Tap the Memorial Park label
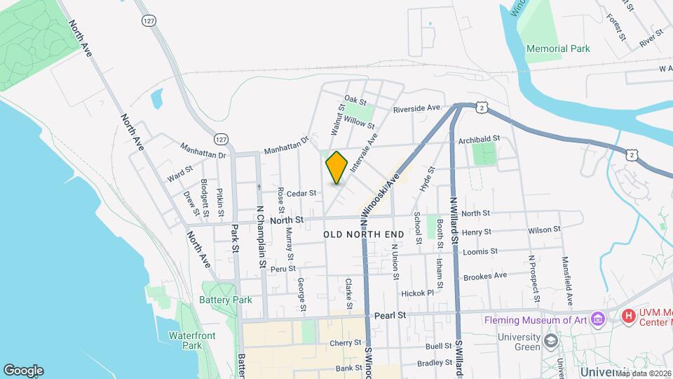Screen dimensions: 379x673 pos(559,48)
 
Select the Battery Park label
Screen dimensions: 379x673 pos(225,300)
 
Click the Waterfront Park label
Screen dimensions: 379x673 pos(186,340)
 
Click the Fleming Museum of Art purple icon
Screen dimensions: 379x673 pos(598,320)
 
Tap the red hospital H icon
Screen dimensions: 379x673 pos(628,318)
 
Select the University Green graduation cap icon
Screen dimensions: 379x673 pos(552,341)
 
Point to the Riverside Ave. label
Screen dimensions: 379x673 pos(417,109)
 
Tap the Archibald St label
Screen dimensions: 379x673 pos(479,139)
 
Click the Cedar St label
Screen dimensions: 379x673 pos(302,193)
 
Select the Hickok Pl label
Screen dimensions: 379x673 pos(418,293)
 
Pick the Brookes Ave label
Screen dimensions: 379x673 pos(484,276)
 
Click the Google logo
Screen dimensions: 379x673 pos(23,371)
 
